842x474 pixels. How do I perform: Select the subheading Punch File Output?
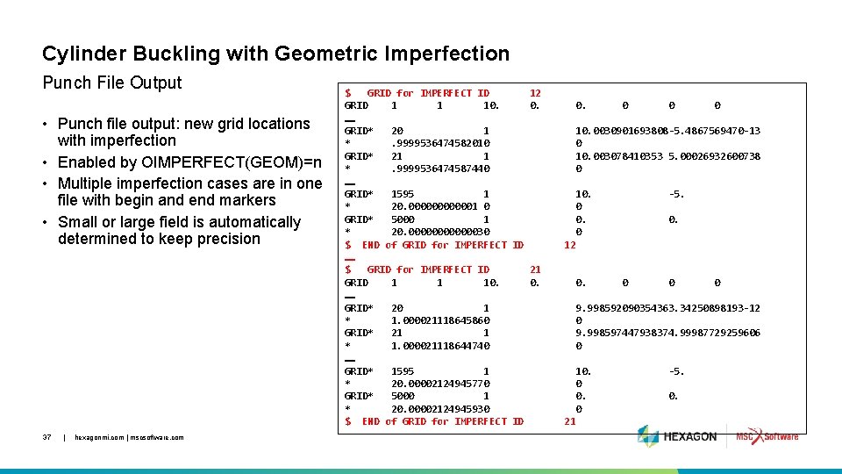(112, 83)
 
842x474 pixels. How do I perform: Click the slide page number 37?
(48, 436)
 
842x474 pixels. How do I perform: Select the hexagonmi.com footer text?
(130, 436)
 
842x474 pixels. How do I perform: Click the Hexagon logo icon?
(647, 436)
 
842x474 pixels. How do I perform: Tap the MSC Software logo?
(767, 436)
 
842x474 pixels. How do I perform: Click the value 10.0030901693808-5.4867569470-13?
(667, 131)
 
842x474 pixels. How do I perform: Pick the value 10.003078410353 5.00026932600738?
(667, 156)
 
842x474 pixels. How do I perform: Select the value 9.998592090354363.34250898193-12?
(667, 308)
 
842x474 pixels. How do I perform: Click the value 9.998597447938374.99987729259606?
(667, 333)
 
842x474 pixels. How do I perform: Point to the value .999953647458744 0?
(440, 169)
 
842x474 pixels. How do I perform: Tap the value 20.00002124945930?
(440, 409)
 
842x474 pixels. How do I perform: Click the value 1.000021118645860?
(440, 320)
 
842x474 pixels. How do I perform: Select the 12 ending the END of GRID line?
(569, 245)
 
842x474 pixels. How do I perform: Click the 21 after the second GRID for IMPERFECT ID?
(535, 269)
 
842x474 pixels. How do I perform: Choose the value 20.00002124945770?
(440, 384)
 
